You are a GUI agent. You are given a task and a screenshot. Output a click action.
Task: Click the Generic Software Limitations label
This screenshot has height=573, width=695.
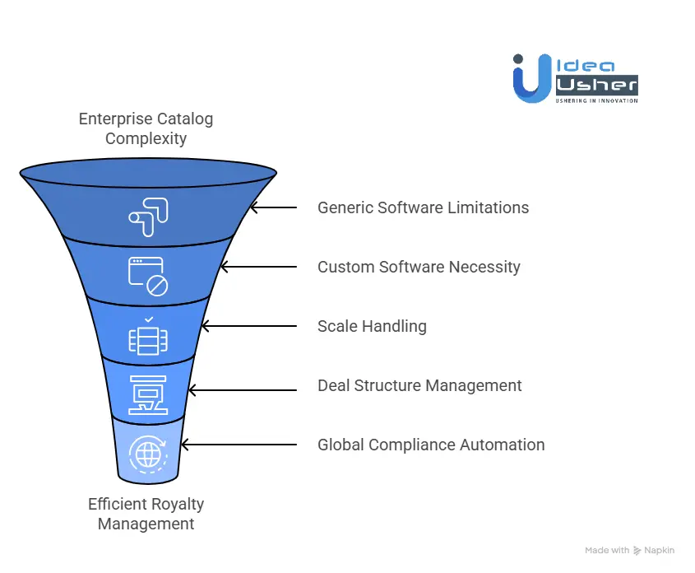click(x=423, y=207)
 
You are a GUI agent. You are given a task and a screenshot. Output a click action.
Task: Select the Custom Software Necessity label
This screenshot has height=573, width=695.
click(x=419, y=267)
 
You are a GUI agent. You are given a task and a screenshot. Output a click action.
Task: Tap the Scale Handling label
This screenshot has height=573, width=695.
click(x=372, y=326)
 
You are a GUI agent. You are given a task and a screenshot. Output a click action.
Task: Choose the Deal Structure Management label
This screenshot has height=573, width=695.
click(x=419, y=385)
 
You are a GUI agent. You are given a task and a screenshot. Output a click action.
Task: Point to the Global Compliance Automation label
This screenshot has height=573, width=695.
click(x=431, y=445)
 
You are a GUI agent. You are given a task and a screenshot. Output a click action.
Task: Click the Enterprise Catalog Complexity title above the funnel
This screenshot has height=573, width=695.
click(x=146, y=128)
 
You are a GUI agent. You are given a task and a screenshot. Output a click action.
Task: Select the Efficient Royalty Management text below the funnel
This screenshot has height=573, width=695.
click(x=146, y=514)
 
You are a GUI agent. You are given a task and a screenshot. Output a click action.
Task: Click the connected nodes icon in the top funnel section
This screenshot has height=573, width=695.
click(x=148, y=212)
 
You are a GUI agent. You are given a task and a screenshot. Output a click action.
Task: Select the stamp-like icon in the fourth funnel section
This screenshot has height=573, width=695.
click(x=147, y=393)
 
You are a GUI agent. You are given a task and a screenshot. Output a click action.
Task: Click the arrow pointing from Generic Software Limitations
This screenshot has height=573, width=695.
click(x=274, y=207)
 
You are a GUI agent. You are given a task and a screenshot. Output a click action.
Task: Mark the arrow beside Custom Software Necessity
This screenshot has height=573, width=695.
click(x=258, y=267)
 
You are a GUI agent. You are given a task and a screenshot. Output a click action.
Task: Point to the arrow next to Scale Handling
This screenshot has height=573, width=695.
click(x=248, y=326)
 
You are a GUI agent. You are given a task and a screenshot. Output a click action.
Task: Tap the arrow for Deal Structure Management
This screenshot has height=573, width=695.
click(x=242, y=385)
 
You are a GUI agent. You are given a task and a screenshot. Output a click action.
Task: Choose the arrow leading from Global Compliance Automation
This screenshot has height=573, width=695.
click(x=239, y=445)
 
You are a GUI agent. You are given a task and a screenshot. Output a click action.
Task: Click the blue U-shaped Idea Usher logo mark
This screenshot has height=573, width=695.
click(x=530, y=80)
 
